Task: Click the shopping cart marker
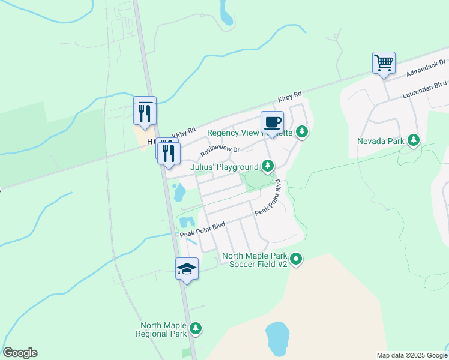pos(384,62)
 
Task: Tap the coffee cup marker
pos(272,122)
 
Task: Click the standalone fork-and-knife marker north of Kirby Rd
pos(145,112)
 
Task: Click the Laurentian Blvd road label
pos(426,88)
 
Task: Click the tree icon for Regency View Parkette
pos(302,131)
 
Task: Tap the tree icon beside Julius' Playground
pos(268,166)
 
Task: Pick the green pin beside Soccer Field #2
pos(296,260)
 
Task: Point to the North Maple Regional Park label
pos(161,329)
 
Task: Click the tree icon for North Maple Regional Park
pos(195,328)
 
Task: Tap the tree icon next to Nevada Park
pos(413,140)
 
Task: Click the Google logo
pos(20,353)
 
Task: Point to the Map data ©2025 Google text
pos(411,355)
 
